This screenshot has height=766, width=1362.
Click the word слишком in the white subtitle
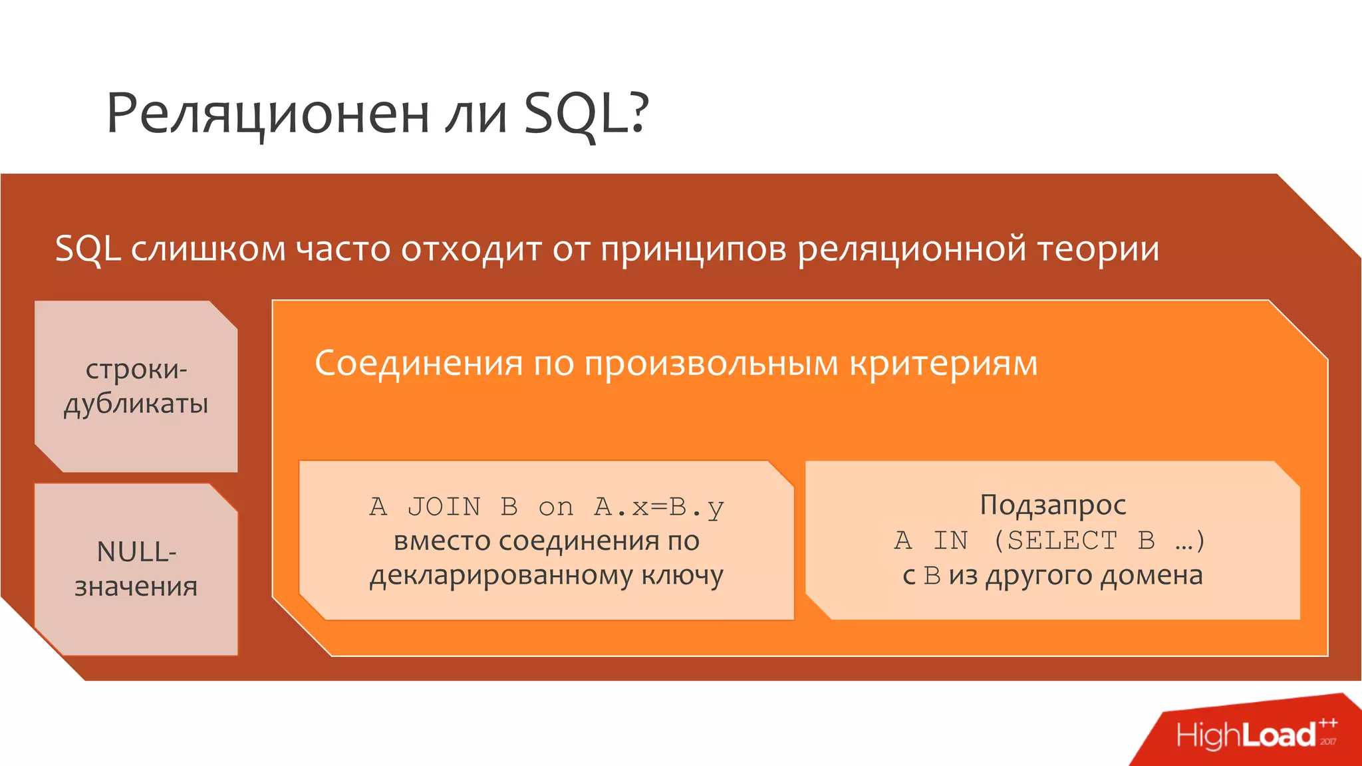pos(207,249)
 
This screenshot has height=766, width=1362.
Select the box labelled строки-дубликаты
pos(136,386)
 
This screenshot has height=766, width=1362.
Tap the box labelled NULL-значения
pos(136,569)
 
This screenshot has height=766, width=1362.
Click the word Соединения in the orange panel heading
pos(419,364)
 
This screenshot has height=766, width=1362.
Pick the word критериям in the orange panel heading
pos(944,364)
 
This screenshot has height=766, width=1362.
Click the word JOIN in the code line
pos(444,507)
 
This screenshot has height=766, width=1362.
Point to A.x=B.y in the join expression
pos(658,507)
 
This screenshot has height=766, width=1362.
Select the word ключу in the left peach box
pos(682,576)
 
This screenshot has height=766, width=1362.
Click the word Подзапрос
pos(1053,505)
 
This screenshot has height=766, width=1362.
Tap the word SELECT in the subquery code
pos(1062,541)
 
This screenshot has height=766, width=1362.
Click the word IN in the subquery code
pos(950,541)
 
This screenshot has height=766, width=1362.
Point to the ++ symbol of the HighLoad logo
pos(1328,722)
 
